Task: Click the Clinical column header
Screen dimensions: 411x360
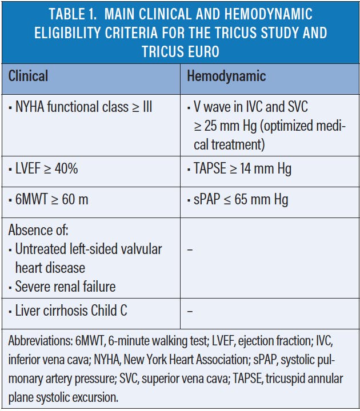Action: pos(28,76)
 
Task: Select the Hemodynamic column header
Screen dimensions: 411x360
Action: pos(226,76)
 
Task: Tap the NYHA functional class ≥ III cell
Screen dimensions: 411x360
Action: pos(80,107)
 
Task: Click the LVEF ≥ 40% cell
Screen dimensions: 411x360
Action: pos(43,169)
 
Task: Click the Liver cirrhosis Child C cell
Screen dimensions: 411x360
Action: pos(67,311)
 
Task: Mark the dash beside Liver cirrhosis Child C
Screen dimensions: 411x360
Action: pos(190,311)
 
